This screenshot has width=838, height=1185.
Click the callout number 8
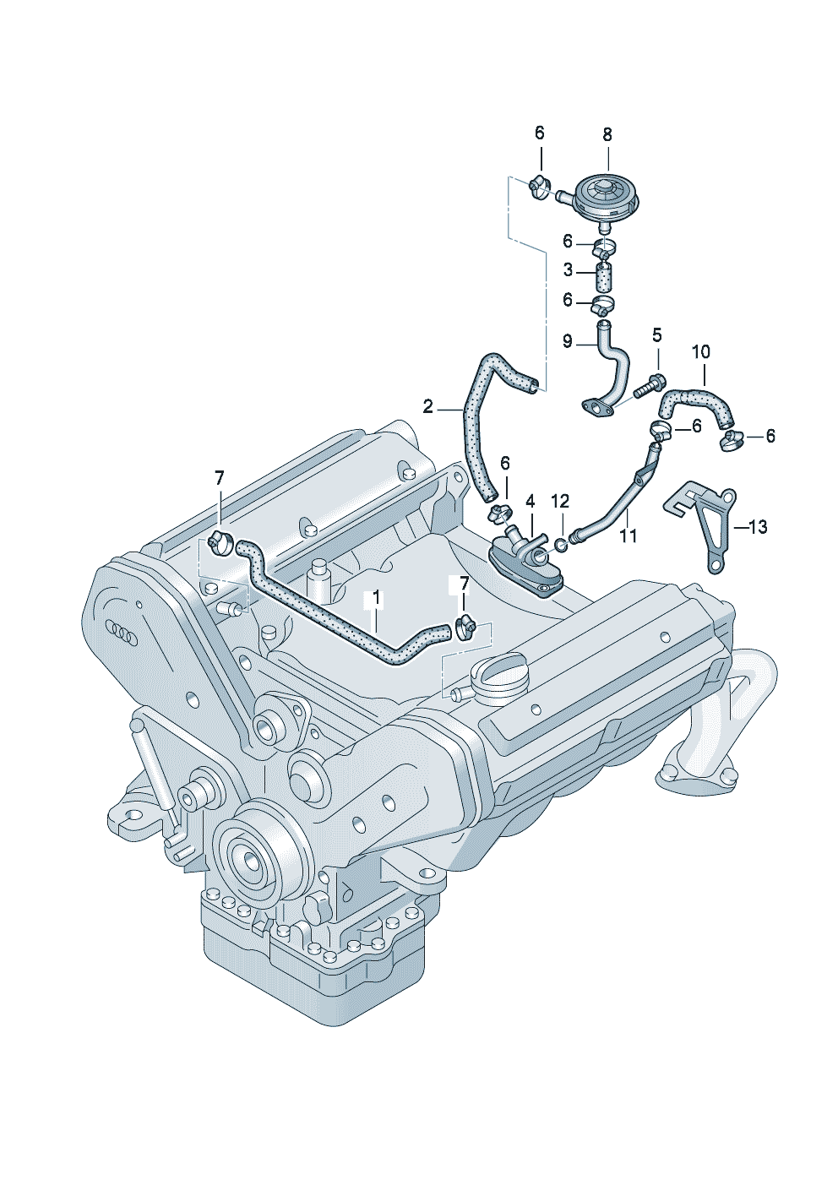[x=607, y=135]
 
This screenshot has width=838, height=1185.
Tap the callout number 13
[x=758, y=527]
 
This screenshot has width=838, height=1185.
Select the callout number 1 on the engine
[x=376, y=598]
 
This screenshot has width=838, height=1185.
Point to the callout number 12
[x=561, y=501]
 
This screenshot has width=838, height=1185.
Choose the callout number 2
[x=427, y=406]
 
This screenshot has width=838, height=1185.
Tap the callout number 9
[x=568, y=341]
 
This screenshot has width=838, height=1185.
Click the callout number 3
[x=568, y=270]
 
